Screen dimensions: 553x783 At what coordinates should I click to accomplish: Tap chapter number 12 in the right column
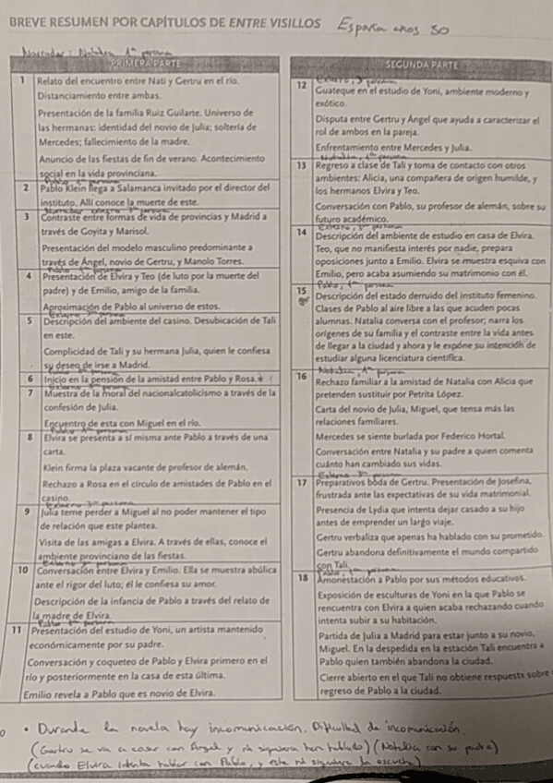pos(301,86)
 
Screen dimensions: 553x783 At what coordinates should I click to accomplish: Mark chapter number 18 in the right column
pos(301,577)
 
